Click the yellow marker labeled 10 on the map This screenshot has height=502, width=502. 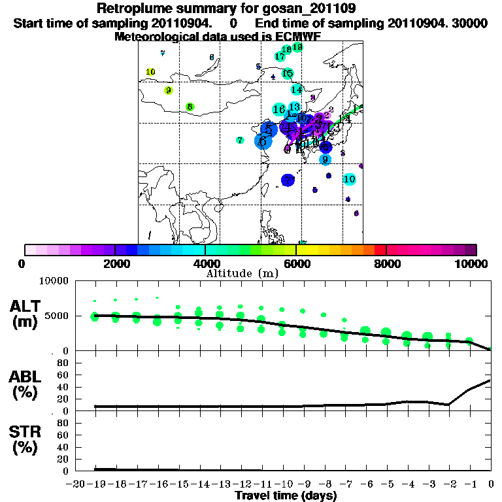point(150,72)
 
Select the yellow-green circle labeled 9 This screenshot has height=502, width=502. point(168,90)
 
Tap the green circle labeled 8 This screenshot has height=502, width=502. point(190,107)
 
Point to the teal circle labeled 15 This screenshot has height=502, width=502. point(287,73)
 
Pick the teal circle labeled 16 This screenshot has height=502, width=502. point(279,109)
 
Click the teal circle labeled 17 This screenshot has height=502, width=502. point(280,57)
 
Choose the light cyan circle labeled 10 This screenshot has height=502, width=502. point(349,179)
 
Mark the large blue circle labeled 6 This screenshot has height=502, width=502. point(263,141)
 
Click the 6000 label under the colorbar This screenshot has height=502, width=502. point(296,263)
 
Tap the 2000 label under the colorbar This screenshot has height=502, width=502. point(115,263)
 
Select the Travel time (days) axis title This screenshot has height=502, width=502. point(286,495)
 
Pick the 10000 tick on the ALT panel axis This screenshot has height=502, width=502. point(54,281)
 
